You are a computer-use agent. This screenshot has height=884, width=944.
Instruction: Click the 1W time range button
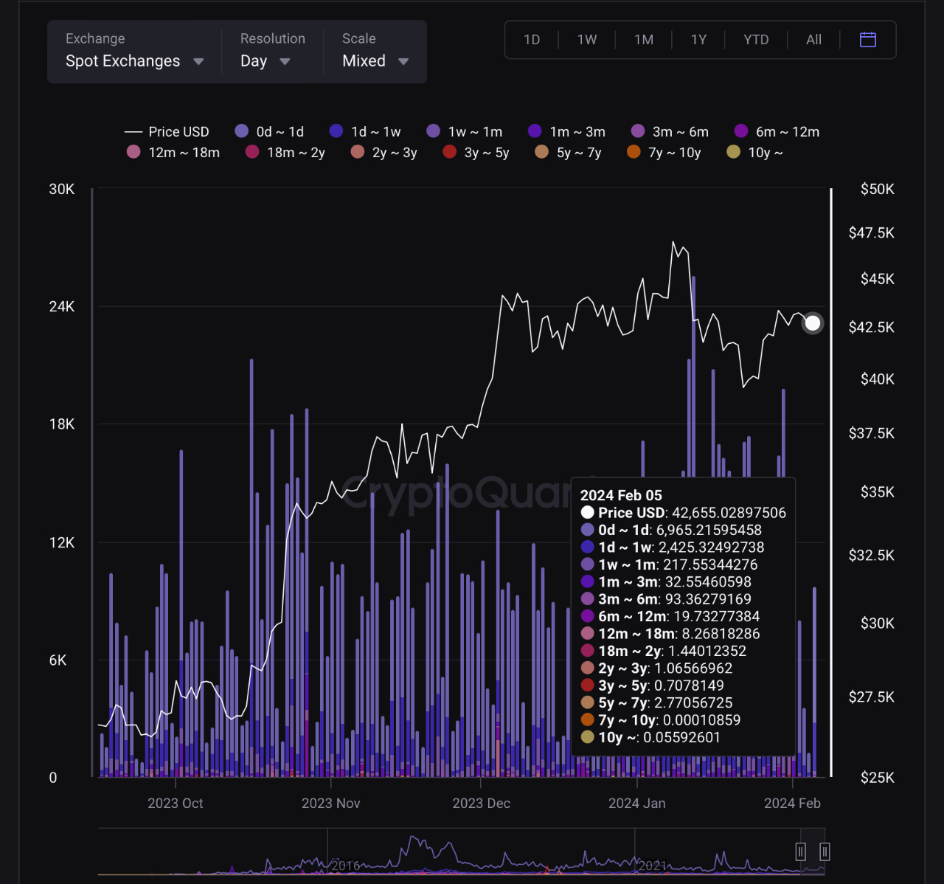[587, 40]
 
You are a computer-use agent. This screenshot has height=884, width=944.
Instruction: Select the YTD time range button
[756, 40]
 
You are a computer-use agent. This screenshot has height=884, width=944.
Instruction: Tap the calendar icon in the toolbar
[868, 40]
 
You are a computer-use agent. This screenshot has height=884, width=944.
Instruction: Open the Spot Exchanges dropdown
[133, 61]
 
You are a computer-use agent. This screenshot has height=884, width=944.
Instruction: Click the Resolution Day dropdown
[265, 61]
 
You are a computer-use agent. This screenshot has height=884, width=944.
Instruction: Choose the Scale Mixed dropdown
[375, 61]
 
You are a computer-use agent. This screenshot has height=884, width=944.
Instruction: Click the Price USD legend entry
[167, 131]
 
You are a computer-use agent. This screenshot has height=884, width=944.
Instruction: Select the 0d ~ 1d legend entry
[270, 131]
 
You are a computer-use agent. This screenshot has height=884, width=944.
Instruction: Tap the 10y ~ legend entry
[755, 153]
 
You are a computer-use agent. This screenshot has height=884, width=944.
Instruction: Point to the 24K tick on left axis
[62, 307]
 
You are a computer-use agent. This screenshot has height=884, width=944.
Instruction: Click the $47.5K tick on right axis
[871, 233]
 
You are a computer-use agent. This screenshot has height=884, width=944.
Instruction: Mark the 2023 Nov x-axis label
[330, 804]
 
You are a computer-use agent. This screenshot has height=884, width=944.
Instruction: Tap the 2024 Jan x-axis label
[636, 804]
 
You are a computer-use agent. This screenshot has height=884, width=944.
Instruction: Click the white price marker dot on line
[813, 323]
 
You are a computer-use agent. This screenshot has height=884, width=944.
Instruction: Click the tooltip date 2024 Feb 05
[621, 495]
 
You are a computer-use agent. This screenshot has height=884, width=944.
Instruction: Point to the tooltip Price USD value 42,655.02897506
[729, 513]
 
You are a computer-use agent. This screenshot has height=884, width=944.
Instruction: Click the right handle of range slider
[825, 852]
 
